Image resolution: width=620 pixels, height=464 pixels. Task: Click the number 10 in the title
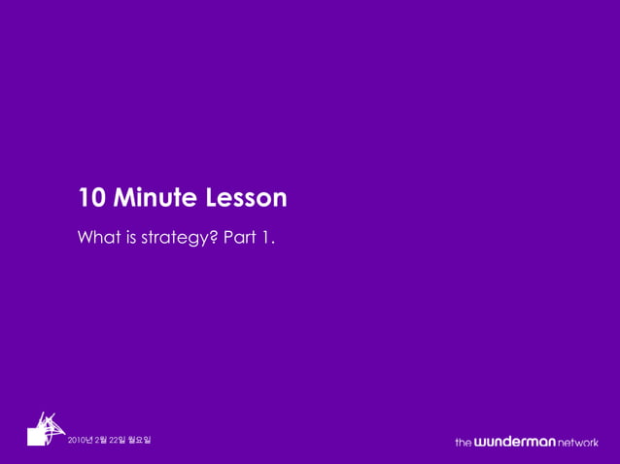click(91, 198)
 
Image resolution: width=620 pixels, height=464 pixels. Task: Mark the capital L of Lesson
click(212, 198)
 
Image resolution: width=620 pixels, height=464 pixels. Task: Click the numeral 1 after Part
click(265, 237)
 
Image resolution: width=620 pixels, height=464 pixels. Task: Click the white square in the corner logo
click(37, 438)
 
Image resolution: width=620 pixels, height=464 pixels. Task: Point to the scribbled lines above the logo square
click(49, 423)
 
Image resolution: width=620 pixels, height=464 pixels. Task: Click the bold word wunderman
click(514, 443)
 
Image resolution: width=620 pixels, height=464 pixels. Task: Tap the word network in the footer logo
click(578, 443)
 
